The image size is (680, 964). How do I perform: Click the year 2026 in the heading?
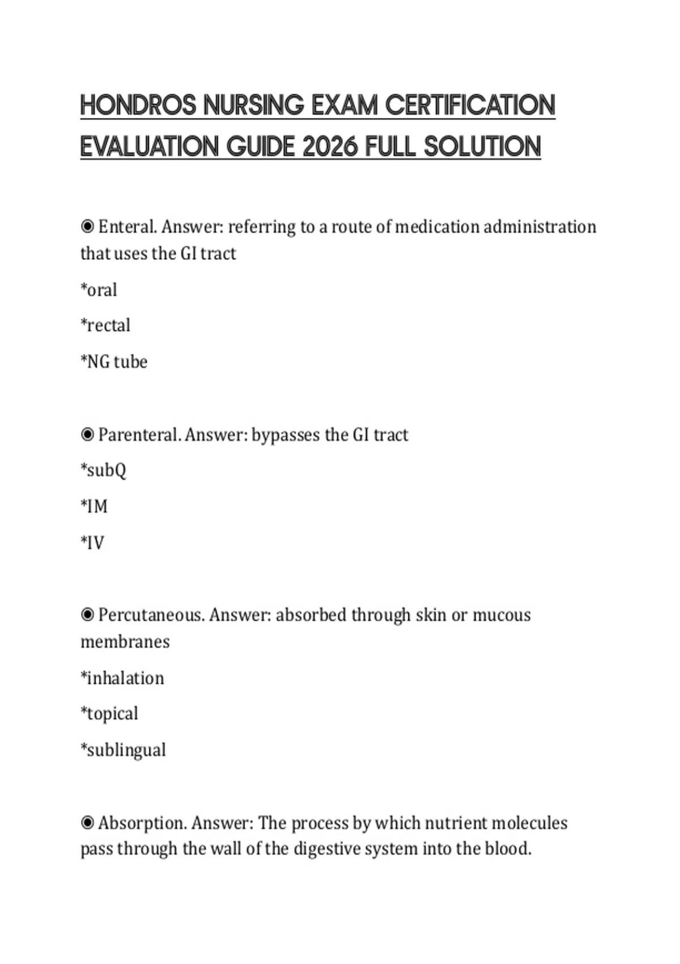330,147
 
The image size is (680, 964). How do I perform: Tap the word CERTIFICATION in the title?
470,105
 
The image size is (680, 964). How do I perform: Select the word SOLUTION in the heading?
482,147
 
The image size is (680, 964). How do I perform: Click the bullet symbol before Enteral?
87,227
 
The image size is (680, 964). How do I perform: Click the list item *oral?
99,290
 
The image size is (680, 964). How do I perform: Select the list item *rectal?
105,325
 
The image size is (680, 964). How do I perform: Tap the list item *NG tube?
114,362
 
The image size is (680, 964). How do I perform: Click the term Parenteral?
139,435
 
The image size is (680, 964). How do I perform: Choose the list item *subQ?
104,471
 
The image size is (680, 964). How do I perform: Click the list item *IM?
94,506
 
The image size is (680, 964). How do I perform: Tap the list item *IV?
93,543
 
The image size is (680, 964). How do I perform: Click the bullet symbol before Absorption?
87,823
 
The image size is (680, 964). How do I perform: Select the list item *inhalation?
122,678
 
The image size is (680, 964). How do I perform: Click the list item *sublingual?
124,750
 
